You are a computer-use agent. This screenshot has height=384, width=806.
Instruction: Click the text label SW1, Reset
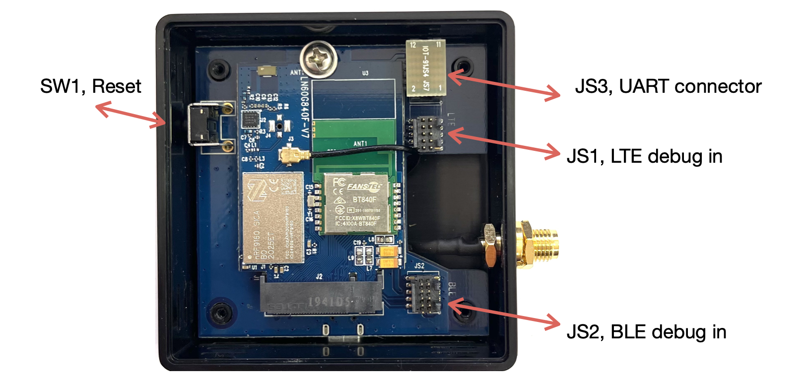(90, 87)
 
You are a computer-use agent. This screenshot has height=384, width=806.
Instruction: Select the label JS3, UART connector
(668, 87)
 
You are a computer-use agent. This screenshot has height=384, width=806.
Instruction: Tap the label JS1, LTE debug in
(644, 156)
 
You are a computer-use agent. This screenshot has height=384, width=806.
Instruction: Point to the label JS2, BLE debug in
(646, 332)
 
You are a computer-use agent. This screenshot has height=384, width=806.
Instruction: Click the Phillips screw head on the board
(319, 59)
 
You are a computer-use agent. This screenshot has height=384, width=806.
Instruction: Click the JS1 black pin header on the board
(425, 134)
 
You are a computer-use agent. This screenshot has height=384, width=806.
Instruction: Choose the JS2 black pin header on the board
(424, 294)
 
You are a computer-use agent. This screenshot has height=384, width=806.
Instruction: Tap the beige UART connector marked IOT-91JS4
(426, 68)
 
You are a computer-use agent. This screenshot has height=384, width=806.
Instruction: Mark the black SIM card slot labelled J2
(321, 295)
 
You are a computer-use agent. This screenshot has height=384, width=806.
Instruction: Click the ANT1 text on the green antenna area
(360, 144)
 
